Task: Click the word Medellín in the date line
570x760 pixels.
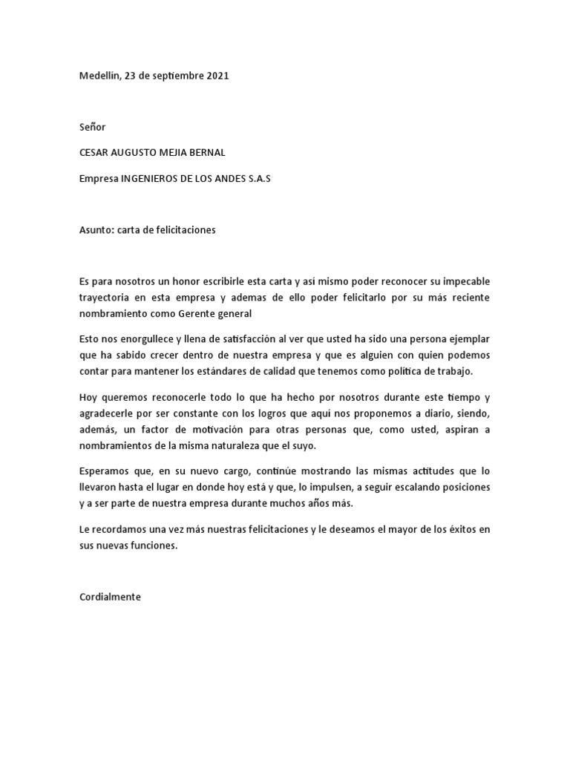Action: click(99, 76)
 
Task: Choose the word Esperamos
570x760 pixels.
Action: click(103, 471)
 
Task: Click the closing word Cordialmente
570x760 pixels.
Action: click(110, 596)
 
